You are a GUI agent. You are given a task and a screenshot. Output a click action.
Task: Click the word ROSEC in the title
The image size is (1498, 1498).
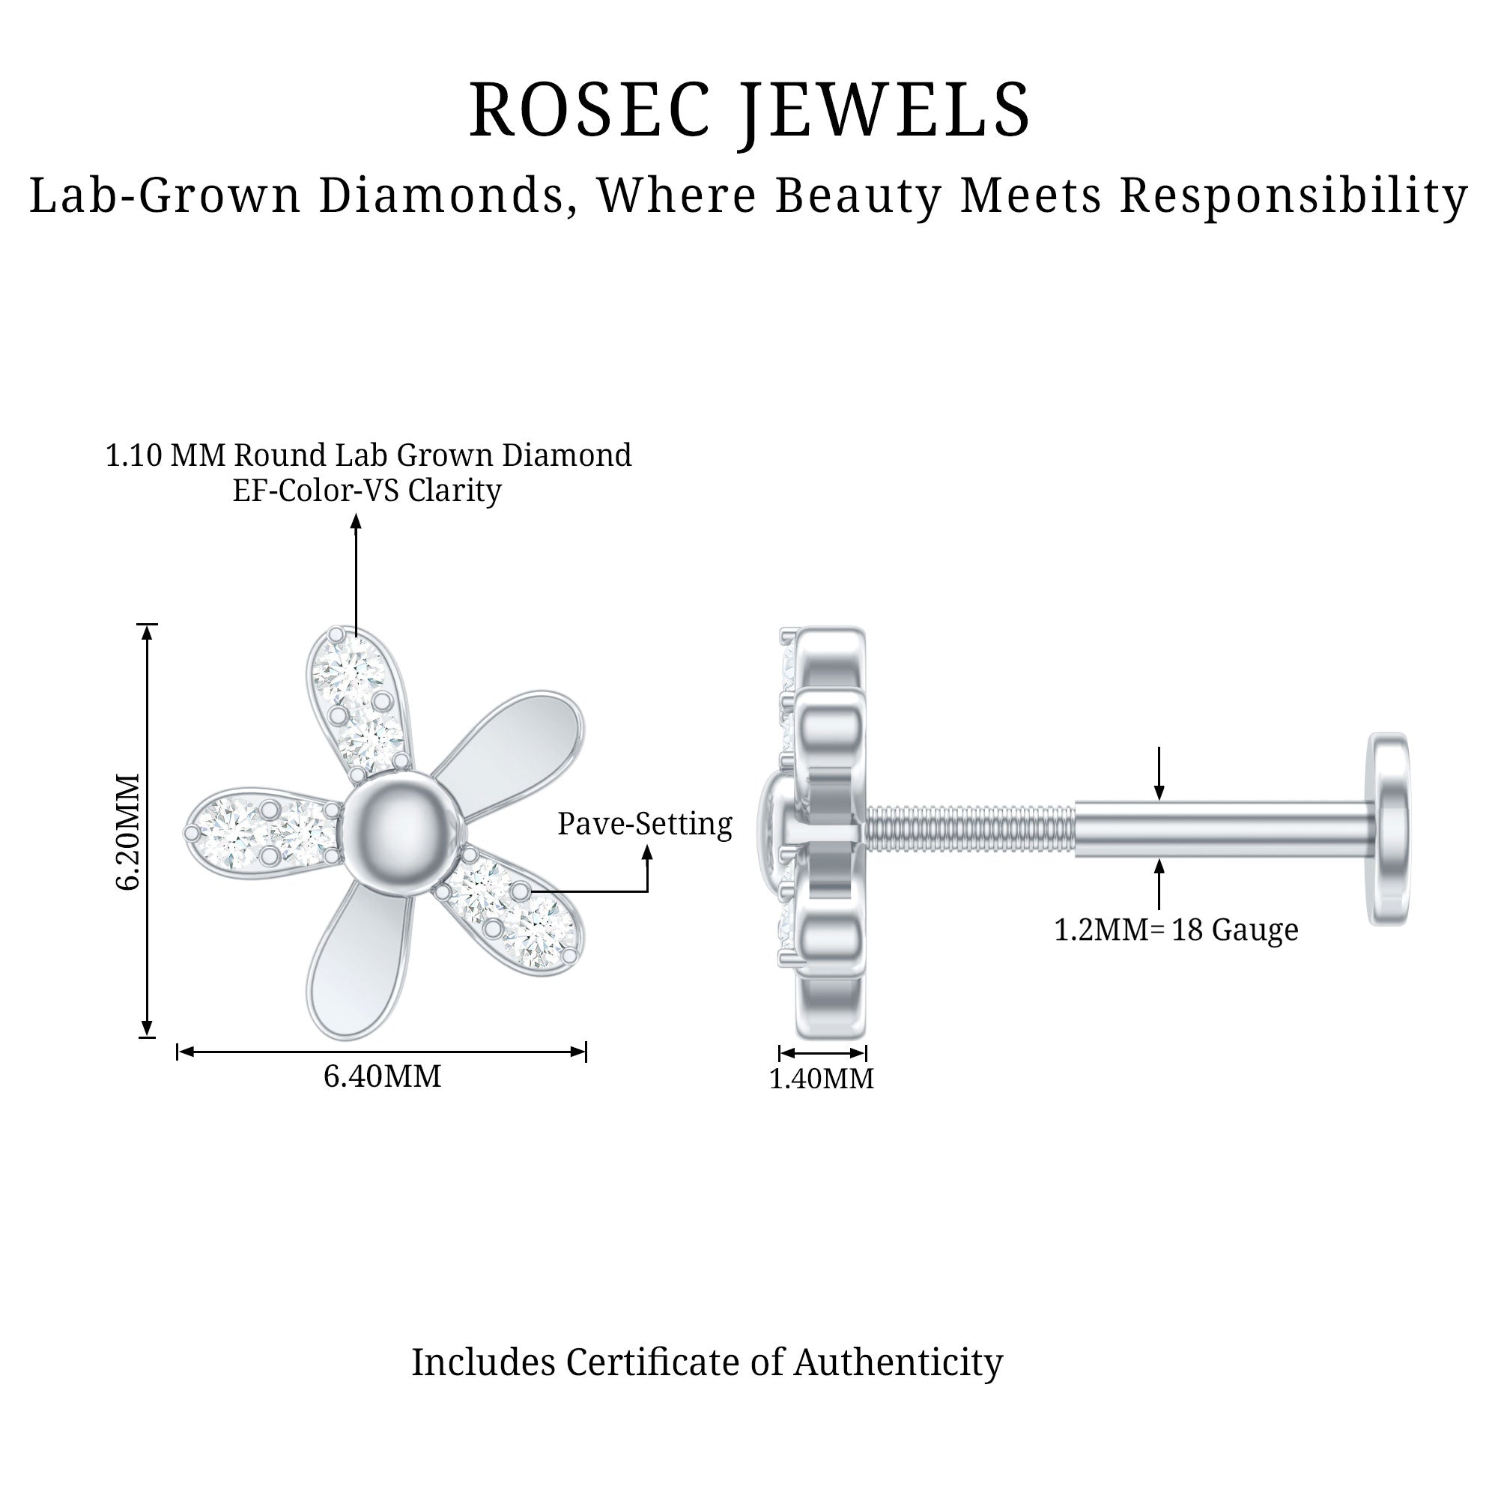coord(590,110)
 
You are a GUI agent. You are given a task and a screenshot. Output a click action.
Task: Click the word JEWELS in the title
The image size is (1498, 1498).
coord(883,110)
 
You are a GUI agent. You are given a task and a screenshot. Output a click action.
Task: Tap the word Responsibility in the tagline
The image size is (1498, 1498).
coord(1294,195)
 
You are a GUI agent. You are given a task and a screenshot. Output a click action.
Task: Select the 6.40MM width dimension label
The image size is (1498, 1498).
coord(382,1076)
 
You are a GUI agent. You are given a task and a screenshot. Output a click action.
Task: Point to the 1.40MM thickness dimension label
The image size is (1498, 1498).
coord(821,1079)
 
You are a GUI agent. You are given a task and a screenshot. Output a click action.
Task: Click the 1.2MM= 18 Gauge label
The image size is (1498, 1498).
coord(1175,930)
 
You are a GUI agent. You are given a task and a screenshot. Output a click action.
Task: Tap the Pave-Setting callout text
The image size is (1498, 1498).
coord(644,823)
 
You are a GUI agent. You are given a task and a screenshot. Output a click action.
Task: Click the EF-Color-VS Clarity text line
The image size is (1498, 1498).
coord(367,490)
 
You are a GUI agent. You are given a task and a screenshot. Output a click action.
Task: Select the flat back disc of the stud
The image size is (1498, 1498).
coord(1389,829)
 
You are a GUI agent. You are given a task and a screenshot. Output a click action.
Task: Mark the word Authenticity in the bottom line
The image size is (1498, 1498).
coord(898,1362)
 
